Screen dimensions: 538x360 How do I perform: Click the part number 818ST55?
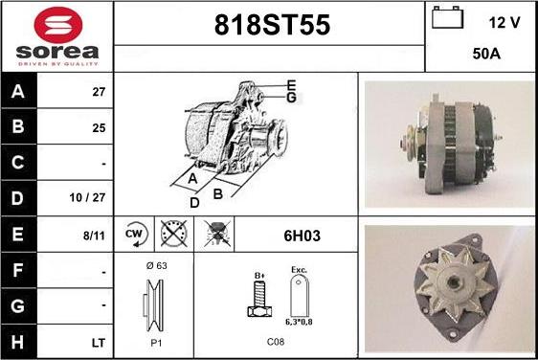tap(272, 25)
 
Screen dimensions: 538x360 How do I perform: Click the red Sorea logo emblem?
tap(58, 25)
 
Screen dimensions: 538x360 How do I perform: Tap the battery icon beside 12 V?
tap(447, 17)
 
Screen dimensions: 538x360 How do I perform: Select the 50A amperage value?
tap(486, 54)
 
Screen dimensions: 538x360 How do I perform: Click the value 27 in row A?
tap(99, 92)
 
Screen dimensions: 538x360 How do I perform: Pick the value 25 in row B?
tap(99, 128)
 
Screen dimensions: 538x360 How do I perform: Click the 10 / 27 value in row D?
tap(87, 197)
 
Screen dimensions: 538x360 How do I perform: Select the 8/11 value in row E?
tap(94, 236)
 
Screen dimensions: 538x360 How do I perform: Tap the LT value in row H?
tap(99, 343)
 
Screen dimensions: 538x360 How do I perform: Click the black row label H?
tap(18, 342)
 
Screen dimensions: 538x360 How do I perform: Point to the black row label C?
tap(18, 163)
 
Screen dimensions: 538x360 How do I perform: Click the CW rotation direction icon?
tap(136, 235)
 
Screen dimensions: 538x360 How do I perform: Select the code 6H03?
tap(302, 236)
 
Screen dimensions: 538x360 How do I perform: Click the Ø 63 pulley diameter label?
tap(156, 265)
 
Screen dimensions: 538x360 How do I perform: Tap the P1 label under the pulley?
tap(156, 343)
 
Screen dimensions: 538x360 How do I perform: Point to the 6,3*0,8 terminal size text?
tap(299, 322)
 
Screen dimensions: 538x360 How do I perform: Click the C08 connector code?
tap(276, 342)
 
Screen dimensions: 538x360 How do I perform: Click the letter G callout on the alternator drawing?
tap(291, 98)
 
